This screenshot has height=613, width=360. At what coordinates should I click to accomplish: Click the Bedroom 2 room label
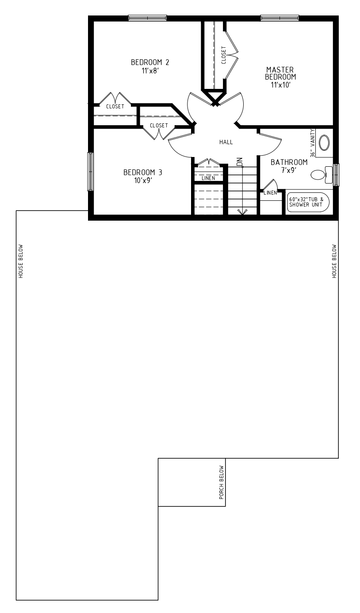click(x=150, y=62)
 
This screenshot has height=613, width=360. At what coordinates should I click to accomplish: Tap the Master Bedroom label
click(x=280, y=73)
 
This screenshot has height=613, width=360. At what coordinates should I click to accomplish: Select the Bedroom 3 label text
click(x=142, y=172)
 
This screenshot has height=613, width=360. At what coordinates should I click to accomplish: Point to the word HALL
click(x=226, y=142)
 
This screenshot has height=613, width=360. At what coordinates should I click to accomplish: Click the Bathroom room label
click(x=289, y=162)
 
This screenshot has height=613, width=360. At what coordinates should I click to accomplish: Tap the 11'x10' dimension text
click(x=280, y=85)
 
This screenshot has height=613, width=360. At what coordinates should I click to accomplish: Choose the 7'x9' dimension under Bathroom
click(x=289, y=170)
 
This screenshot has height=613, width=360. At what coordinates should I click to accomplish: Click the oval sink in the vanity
click(x=325, y=142)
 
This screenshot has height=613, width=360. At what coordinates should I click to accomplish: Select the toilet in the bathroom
click(x=322, y=175)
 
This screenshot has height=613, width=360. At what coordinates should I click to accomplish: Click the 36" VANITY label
click(x=313, y=143)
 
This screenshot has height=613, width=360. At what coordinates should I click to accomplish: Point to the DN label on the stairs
click(x=240, y=162)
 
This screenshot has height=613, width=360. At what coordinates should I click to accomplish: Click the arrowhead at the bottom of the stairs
click(x=242, y=212)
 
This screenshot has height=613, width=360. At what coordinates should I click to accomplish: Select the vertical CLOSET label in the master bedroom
click(x=223, y=55)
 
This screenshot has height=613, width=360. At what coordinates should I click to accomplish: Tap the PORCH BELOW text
click(x=222, y=482)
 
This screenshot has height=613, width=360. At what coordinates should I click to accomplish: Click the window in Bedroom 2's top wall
click(x=147, y=18)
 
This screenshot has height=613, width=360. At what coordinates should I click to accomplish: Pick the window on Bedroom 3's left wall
click(x=90, y=172)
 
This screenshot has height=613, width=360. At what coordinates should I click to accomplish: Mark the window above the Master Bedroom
click(x=280, y=18)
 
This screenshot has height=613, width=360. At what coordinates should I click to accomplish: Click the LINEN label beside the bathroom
click(x=270, y=193)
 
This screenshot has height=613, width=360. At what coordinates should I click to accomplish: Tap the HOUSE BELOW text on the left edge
click(x=21, y=261)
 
